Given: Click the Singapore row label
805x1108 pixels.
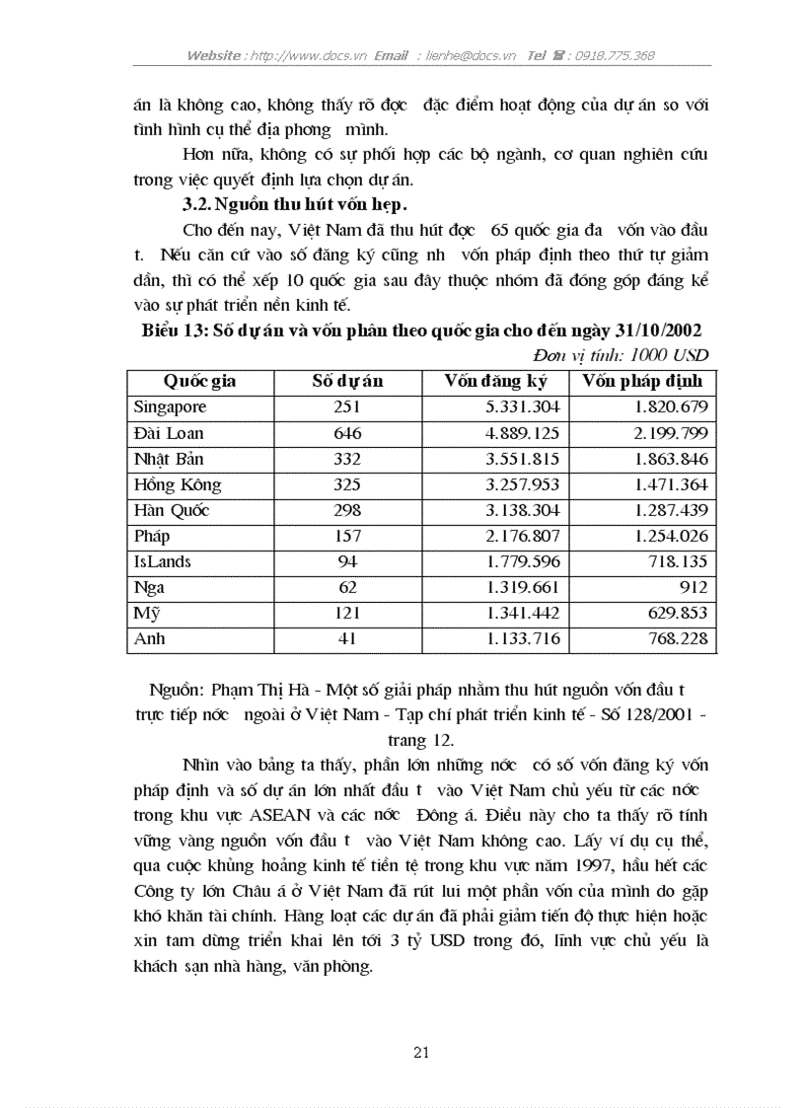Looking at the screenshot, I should click(170, 406).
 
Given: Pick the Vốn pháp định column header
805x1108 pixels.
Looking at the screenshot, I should click(642, 381).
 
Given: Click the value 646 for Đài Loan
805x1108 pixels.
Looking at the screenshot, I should click(347, 433).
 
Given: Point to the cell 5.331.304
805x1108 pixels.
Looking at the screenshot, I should click(523, 406).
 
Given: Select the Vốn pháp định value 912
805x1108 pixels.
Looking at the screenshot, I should click(692, 587).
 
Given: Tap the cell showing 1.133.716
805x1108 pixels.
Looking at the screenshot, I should click(523, 638).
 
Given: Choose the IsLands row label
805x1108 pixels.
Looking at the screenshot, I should click(163, 561).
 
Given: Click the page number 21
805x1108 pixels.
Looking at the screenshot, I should click(421, 1053).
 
